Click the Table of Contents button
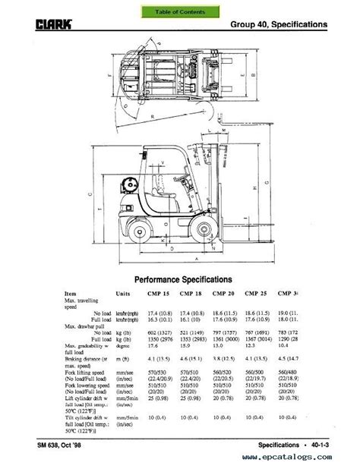coord(180,12)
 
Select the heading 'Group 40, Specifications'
coord(279,24)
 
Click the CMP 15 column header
coord(157,294)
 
